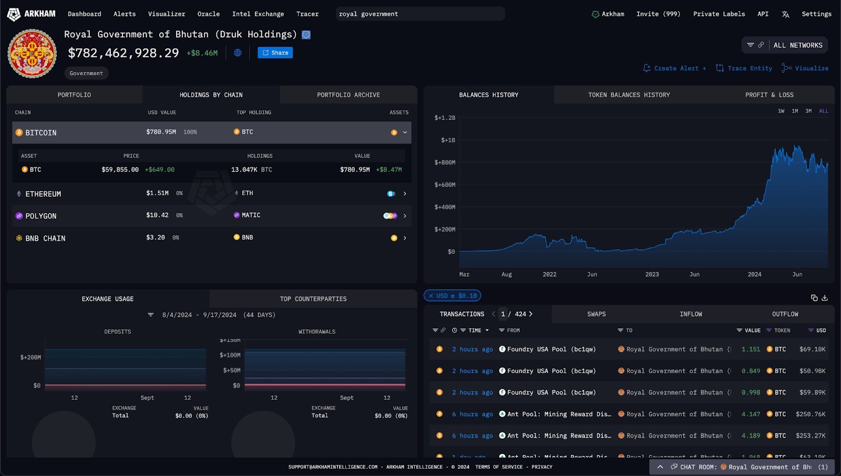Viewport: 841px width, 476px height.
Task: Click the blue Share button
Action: point(275,53)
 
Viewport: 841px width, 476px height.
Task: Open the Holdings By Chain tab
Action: point(211,95)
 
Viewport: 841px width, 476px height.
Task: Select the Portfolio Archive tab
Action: point(348,95)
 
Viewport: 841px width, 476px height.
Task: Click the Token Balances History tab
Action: point(629,95)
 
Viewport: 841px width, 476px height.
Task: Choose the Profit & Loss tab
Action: point(769,95)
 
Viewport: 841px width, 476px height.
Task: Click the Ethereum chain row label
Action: point(43,194)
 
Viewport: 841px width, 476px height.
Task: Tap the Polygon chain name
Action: point(40,216)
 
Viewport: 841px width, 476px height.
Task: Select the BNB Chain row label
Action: point(45,238)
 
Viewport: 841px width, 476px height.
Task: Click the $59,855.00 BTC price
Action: point(120,169)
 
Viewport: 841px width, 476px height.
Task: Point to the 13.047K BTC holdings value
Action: point(251,169)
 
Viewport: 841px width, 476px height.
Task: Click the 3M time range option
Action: point(808,111)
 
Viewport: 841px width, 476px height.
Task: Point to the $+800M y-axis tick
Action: point(445,163)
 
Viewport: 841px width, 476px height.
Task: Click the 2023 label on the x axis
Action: point(652,275)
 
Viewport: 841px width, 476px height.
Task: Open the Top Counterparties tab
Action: point(313,299)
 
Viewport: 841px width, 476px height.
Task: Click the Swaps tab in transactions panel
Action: point(596,314)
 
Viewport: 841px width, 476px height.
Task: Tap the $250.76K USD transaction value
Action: point(811,414)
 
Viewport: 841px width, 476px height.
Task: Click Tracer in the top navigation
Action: point(307,14)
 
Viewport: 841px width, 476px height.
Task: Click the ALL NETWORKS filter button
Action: point(797,45)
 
